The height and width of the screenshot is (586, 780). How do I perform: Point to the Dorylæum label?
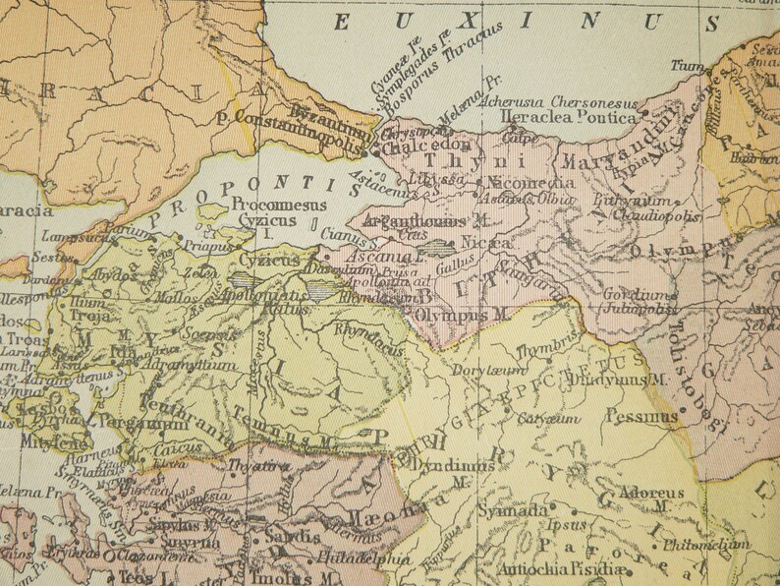tap(480, 372)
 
